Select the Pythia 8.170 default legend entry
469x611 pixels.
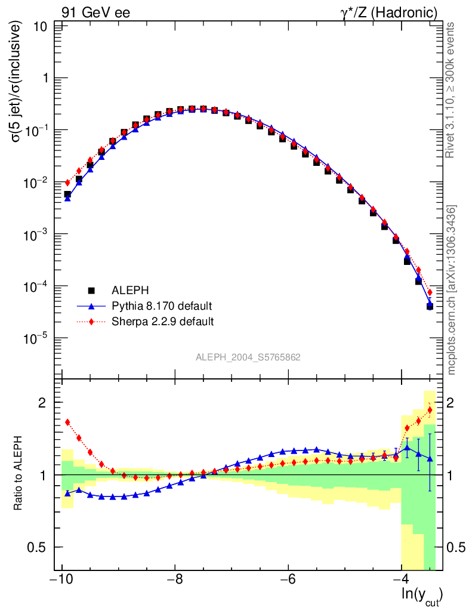(x=162, y=306)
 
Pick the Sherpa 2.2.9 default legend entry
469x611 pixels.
(x=163, y=322)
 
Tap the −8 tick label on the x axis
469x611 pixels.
(x=174, y=580)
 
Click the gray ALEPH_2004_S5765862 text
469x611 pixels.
(x=248, y=357)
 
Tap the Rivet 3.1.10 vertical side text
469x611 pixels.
(x=452, y=90)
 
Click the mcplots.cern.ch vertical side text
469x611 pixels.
(x=452, y=291)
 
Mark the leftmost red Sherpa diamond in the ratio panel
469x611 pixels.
(x=67, y=422)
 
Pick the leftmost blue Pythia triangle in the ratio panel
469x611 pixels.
(x=67, y=493)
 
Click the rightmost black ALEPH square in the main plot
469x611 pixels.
(x=430, y=306)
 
